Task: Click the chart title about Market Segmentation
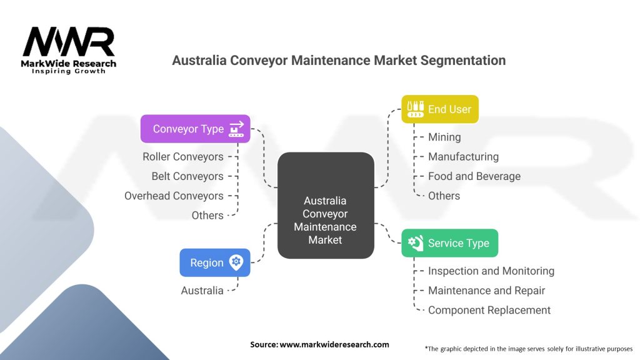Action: pyautogui.click(x=338, y=61)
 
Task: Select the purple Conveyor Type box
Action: pyautogui.click(x=195, y=129)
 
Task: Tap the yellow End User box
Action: pyautogui.click(x=439, y=109)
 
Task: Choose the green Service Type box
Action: pyautogui.click(x=449, y=243)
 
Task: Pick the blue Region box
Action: pyautogui.click(x=214, y=262)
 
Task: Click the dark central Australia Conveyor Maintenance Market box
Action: pyautogui.click(x=325, y=205)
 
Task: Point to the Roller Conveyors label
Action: pyautogui.click(x=182, y=157)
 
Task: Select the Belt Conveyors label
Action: pyautogui.click(x=187, y=176)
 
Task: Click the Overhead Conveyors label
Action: pyautogui.click(x=174, y=196)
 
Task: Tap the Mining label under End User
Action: pyautogui.click(x=444, y=137)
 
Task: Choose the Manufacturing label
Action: pyautogui.click(x=463, y=157)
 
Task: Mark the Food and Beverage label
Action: pyautogui.click(x=474, y=176)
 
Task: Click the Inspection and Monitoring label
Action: pyautogui.click(x=491, y=271)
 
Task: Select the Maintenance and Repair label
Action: pyautogui.click(x=486, y=291)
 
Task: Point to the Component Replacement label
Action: pyautogui.click(x=489, y=310)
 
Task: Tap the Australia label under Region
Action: pyautogui.click(x=202, y=291)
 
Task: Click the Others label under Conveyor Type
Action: pyautogui.click(x=207, y=215)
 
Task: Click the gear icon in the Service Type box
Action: pyautogui.click(x=415, y=243)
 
